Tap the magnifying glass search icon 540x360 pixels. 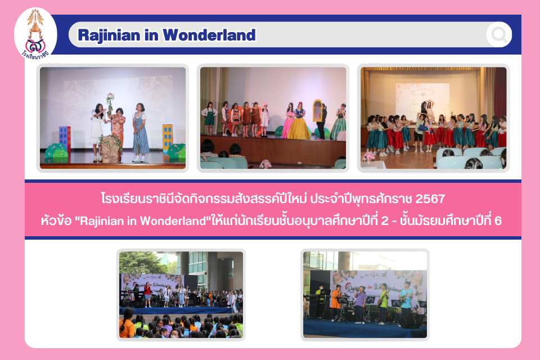499,34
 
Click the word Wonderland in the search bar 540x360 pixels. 209,35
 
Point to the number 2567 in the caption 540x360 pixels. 430,199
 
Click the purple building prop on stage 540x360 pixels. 65,139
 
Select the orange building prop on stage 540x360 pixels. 168,137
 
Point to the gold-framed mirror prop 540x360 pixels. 317,111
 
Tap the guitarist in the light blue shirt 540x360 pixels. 406,300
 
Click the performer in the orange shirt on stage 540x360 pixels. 336,303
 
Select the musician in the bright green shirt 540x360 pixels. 383,304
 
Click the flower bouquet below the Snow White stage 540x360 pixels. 265,164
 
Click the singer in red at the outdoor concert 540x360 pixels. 148,295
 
